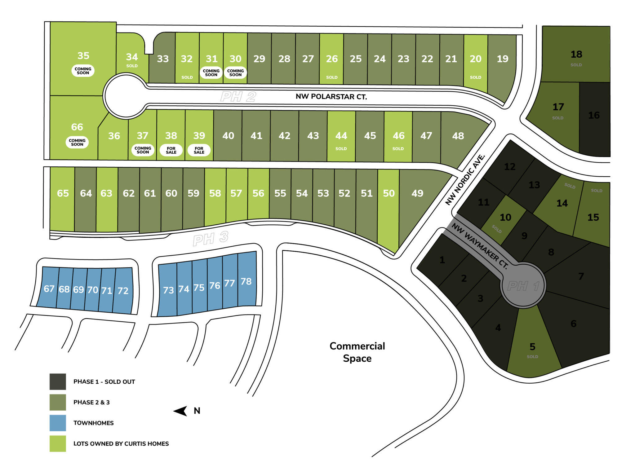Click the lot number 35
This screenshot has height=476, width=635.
click(x=83, y=56)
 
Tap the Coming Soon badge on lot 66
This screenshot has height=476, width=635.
click(x=77, y=142)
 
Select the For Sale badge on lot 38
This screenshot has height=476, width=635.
click(x=171, y=150)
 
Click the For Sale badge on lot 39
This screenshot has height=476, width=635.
click(x=199, y=150)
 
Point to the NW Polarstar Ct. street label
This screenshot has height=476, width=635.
click(x=331, y=97)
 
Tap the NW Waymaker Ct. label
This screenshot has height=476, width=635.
click(x=480, y=246)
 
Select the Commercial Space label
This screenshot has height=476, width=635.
click(x=357, y=352)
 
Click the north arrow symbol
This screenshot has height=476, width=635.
click(x=180, y=411)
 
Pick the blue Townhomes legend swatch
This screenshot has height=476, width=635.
click(x=58, y=423)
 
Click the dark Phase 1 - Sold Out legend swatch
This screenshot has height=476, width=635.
click(x=58, y=381)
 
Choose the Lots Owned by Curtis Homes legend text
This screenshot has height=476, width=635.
click(x=121, y=444)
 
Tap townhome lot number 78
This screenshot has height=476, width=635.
click(x=246, y=281)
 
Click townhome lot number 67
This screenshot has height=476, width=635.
click(x=49, y=289)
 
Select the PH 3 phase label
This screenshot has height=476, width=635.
click(x=211, y=238)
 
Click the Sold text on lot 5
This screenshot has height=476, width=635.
click(x=532, y=357)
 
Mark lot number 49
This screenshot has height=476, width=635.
click(x=417, y=193)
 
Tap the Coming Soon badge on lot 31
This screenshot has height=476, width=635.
click(x=211, y=73)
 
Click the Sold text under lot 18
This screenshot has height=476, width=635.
click(x=576, y=65)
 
